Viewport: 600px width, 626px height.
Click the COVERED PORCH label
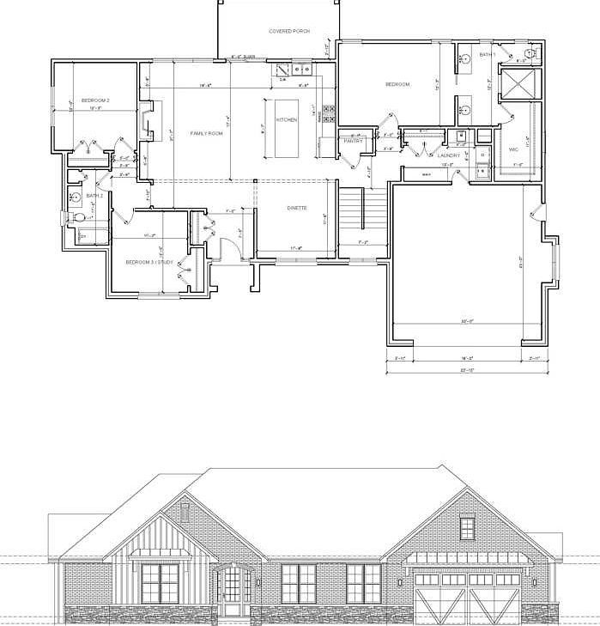click(x=288, y=31)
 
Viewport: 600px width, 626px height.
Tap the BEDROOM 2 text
click(x=95, y=100)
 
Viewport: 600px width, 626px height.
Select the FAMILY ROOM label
click(x=206, y=133)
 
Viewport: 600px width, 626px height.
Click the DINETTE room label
click(x=297, y=208)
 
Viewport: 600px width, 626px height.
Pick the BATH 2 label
click(x=94, y=195)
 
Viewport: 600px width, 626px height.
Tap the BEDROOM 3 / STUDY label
click(x=149, y=262)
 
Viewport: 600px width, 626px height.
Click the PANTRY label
click(x=353, y=141)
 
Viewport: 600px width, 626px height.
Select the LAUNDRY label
click(x=449, y=155)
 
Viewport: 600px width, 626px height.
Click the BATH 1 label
click(x=487, y=55)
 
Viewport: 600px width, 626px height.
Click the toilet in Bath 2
click(x=80, y=219)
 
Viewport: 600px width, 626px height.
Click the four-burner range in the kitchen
click(x=328, y=113)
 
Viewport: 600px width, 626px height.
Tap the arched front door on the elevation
click(x=233, y=590)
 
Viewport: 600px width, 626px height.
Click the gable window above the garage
click(x=467, y=527)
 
